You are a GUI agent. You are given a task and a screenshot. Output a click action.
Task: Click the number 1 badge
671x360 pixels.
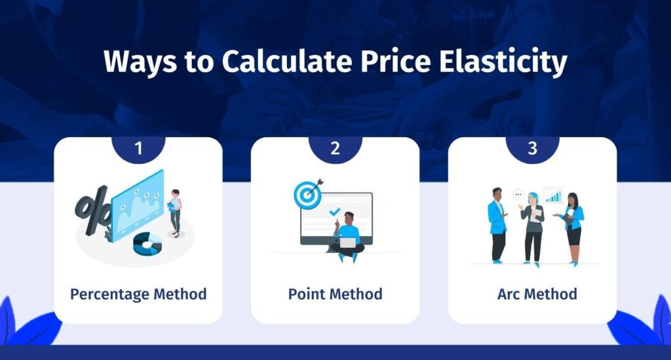coord(138,149)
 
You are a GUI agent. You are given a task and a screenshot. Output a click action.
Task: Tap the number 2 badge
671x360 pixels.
coord(335,149)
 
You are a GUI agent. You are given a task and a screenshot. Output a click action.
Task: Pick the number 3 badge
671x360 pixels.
coord(532,149)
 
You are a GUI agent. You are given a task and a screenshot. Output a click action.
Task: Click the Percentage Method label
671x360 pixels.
coord(138,294)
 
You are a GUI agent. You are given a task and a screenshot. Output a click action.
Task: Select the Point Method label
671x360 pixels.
coord(335,294)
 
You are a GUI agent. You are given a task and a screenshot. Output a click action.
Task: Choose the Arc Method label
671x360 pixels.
coord(537,294)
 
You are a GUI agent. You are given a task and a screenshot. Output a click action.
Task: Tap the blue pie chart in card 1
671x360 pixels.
coord(147,244)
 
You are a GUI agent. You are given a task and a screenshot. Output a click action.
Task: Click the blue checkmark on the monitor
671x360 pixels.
coord(334,211)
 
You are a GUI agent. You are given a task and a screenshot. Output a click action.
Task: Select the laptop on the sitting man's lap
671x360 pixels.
coord(348,243)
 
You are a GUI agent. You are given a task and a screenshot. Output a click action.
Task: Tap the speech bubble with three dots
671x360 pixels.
coord(518,195)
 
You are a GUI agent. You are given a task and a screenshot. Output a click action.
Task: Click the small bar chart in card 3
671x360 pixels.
coord(554,195)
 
